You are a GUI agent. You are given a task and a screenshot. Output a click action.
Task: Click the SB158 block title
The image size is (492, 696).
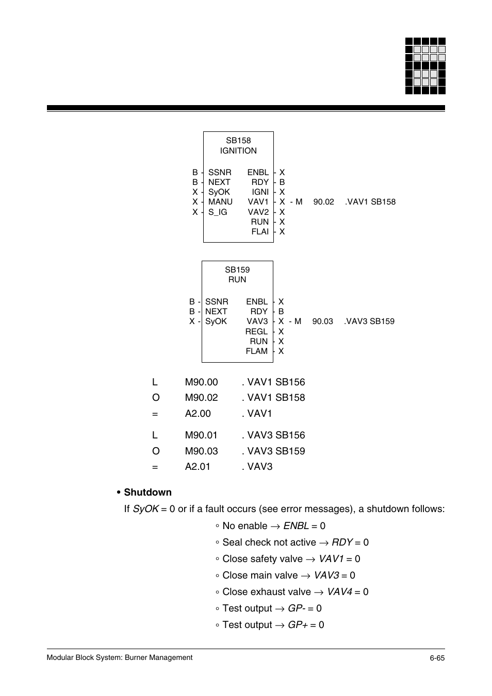point(238,141)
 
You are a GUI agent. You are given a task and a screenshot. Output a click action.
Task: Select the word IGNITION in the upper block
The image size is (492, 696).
point(238,151)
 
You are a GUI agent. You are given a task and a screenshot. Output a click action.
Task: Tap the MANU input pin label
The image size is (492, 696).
point(220,202)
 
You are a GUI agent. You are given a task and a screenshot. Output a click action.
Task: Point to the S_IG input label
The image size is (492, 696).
point(218,212)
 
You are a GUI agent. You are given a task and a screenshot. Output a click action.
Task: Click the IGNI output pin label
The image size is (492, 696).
point(260,192)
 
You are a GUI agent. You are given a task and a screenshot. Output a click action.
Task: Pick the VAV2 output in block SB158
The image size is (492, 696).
point(258,212)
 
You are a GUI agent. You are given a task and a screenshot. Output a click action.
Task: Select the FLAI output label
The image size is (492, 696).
point(260,232)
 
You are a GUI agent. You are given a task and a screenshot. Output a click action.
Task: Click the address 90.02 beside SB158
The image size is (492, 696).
point(323,202)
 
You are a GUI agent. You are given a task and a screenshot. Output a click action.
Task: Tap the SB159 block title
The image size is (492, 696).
point(237,270)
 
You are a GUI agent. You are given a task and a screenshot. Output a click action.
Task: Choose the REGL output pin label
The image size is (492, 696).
point(256,332)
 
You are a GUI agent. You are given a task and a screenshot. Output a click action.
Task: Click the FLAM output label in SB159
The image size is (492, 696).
point(256,351)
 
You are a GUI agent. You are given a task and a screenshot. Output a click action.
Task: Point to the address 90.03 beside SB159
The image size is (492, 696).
point(322,321)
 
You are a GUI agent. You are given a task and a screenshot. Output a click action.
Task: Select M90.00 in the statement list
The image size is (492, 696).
point(201,382)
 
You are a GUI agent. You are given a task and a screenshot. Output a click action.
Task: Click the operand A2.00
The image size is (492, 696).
point(198,414)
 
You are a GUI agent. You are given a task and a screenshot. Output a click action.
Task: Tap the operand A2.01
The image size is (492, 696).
point(198,467)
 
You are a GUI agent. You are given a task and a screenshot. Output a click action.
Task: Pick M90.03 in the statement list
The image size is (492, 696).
point(201,451)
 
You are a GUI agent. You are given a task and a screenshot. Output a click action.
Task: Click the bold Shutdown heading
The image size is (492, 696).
point(147,493)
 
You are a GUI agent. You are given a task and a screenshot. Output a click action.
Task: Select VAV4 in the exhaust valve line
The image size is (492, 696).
point(339,592)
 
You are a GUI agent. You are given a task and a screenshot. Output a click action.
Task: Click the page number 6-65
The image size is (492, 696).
point(437,658)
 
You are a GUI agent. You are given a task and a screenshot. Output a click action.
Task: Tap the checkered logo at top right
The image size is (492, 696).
point(425,66)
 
